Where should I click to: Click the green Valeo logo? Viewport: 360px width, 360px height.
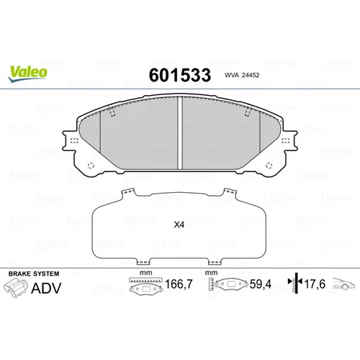27,73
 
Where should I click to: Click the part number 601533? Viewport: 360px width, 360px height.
180,75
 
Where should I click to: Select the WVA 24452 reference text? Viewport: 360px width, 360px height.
242,75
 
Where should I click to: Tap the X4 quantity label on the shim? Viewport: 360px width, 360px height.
179,225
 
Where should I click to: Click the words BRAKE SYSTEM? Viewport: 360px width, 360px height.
34,274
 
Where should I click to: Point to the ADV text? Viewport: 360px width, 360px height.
46,288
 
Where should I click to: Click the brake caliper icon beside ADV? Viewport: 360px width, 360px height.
16,288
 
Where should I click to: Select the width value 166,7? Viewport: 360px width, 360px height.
179,284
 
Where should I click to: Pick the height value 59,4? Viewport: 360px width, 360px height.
261,284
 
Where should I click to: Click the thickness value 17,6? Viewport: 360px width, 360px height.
315,284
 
